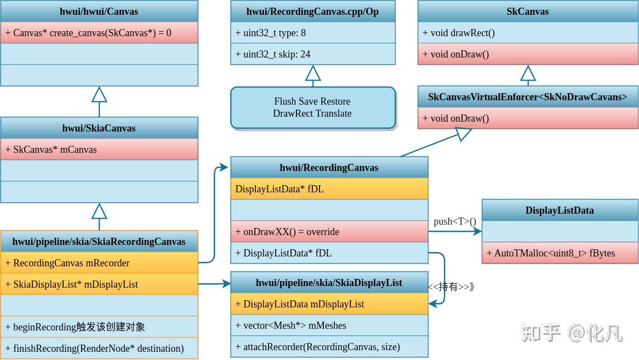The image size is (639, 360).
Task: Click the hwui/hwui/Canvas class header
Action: (x=99, y=12)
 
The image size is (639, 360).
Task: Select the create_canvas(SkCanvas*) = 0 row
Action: (x=99, y=33)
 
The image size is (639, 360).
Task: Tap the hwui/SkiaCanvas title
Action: (x=99, y=128)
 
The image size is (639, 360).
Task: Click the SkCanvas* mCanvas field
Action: (x=99, y=150)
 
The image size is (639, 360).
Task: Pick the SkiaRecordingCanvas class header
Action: (x=99, y=242)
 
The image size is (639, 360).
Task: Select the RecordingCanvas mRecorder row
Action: (x=99, y=263)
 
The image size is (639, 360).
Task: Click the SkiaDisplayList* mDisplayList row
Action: (x=99, y=284)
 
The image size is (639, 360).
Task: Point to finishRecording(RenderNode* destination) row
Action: (x=99, y=348)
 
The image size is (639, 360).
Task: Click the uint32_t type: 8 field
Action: (x=313, y=33)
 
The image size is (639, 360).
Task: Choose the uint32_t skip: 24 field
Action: (x=313, y=54)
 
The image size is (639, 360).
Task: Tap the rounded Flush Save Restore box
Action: (x=313, y=107)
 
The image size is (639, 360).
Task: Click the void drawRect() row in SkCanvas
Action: (x=528, y=33)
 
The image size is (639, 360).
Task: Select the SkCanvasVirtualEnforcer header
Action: (x=528, y=97)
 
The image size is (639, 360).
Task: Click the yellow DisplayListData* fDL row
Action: (x=329, y=189)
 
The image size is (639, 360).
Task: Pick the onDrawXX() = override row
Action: (x=329, y=232)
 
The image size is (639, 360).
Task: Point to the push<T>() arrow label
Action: (x=455, y=221)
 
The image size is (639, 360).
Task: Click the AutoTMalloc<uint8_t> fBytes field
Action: (x=560, y=253)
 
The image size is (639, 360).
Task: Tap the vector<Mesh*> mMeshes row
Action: (x=329, y=325)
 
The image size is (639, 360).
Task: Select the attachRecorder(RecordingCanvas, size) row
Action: (x=329, y=347)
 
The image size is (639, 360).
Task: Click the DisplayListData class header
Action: (x=560, y=210)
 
